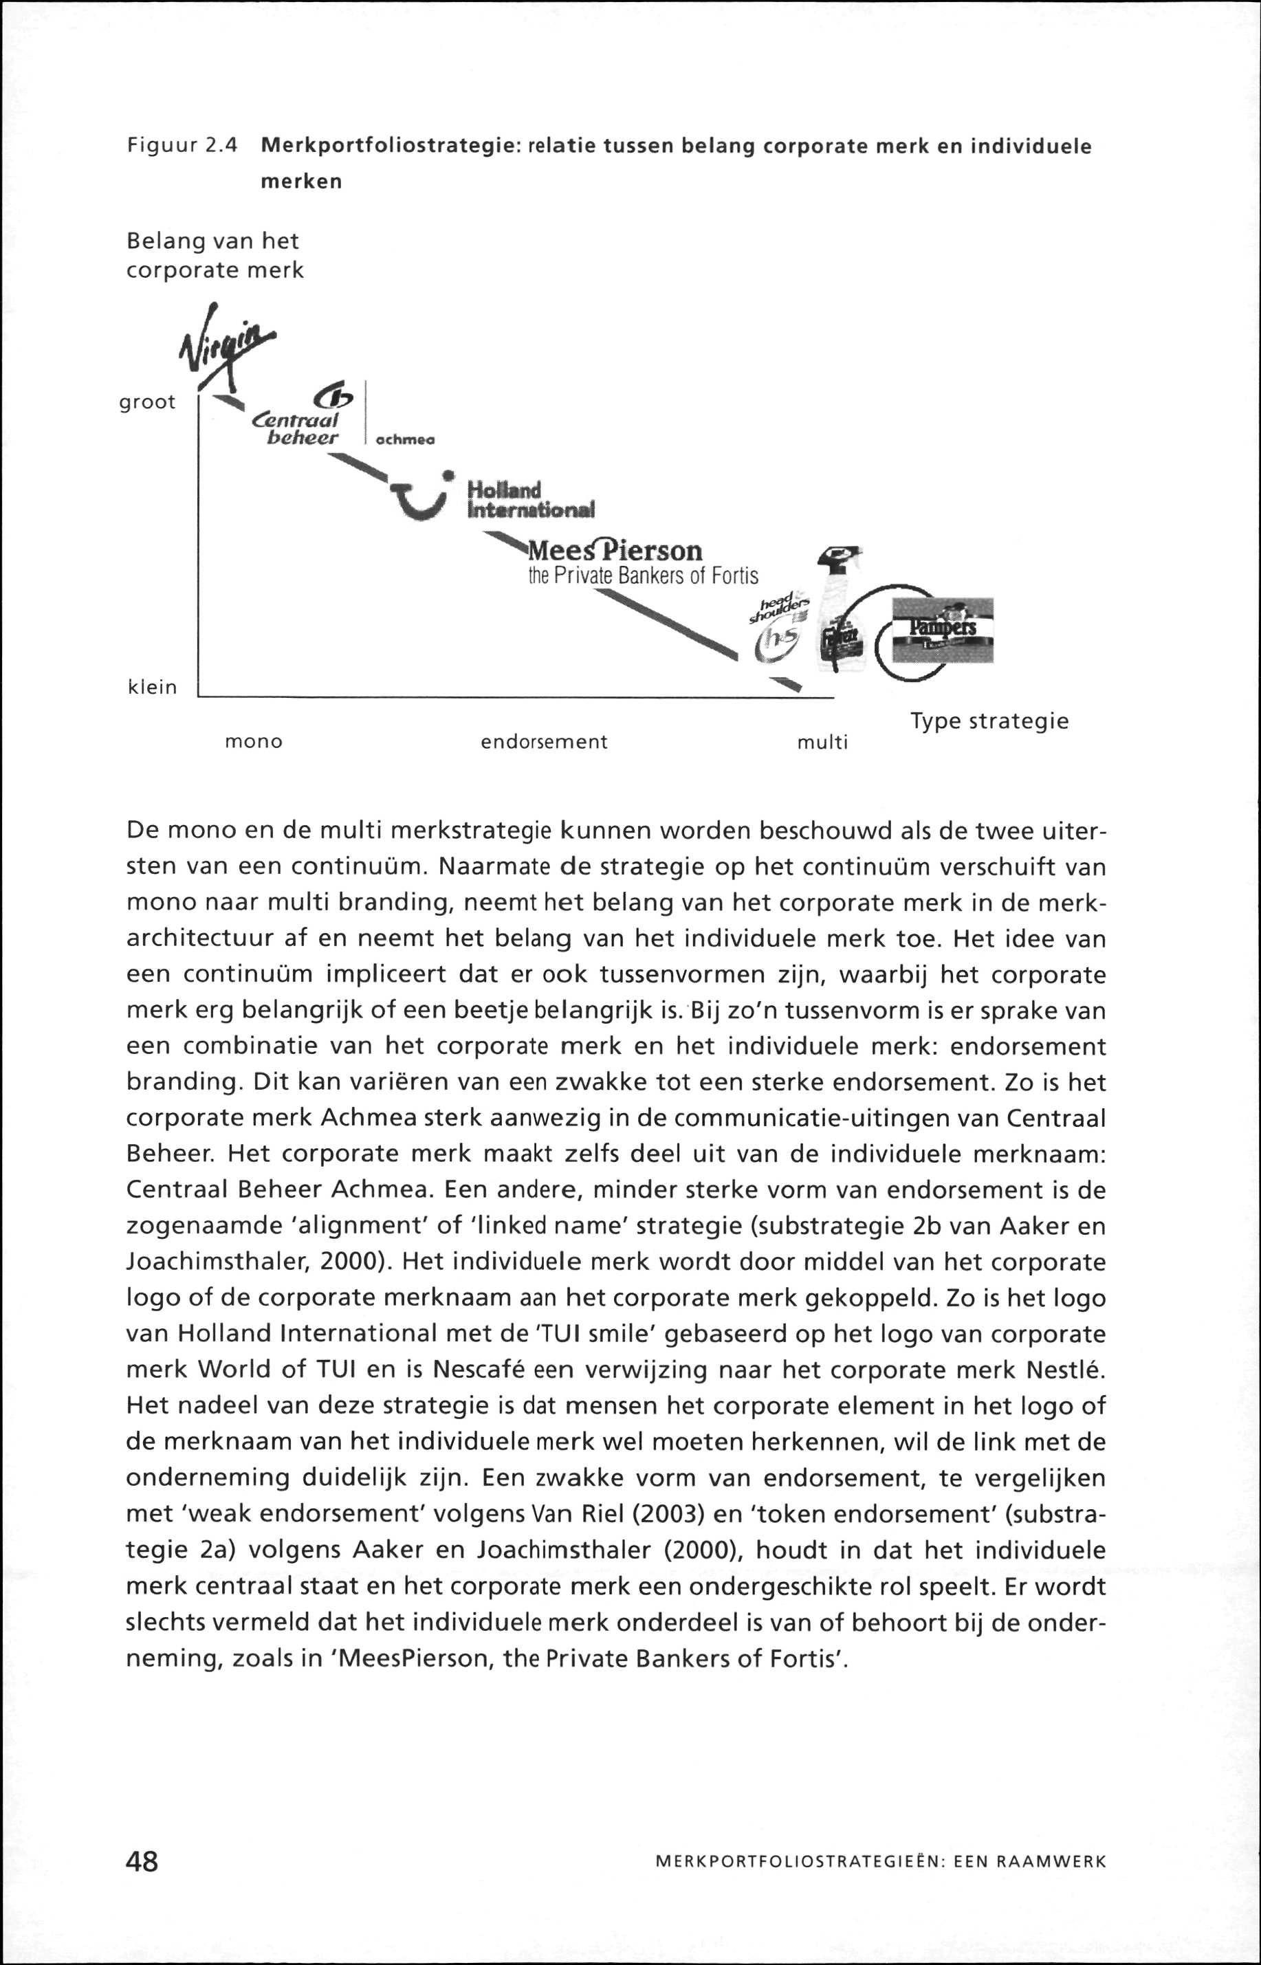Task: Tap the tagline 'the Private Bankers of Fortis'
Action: (x=643, y=575)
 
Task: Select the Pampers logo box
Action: (x=942, y=630)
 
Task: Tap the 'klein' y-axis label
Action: (x=153, y=687)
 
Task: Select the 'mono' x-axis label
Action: (x=254, y=742)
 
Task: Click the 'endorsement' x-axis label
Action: (x=544, y=742)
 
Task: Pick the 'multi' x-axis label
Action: (x=822, y=743)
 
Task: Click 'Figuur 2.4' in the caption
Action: (x=182, y=146)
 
